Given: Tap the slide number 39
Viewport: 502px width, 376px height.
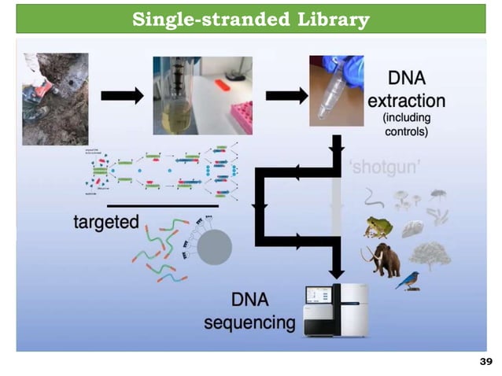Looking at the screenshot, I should pos(485,362).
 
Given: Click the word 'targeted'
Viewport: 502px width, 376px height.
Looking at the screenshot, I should pos(106,222).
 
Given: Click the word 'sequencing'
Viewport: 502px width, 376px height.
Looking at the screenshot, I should pos(249,323).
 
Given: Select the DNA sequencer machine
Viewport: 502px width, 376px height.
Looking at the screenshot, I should pos(336,311).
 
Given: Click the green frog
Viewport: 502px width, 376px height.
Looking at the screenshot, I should pos(378,227).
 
